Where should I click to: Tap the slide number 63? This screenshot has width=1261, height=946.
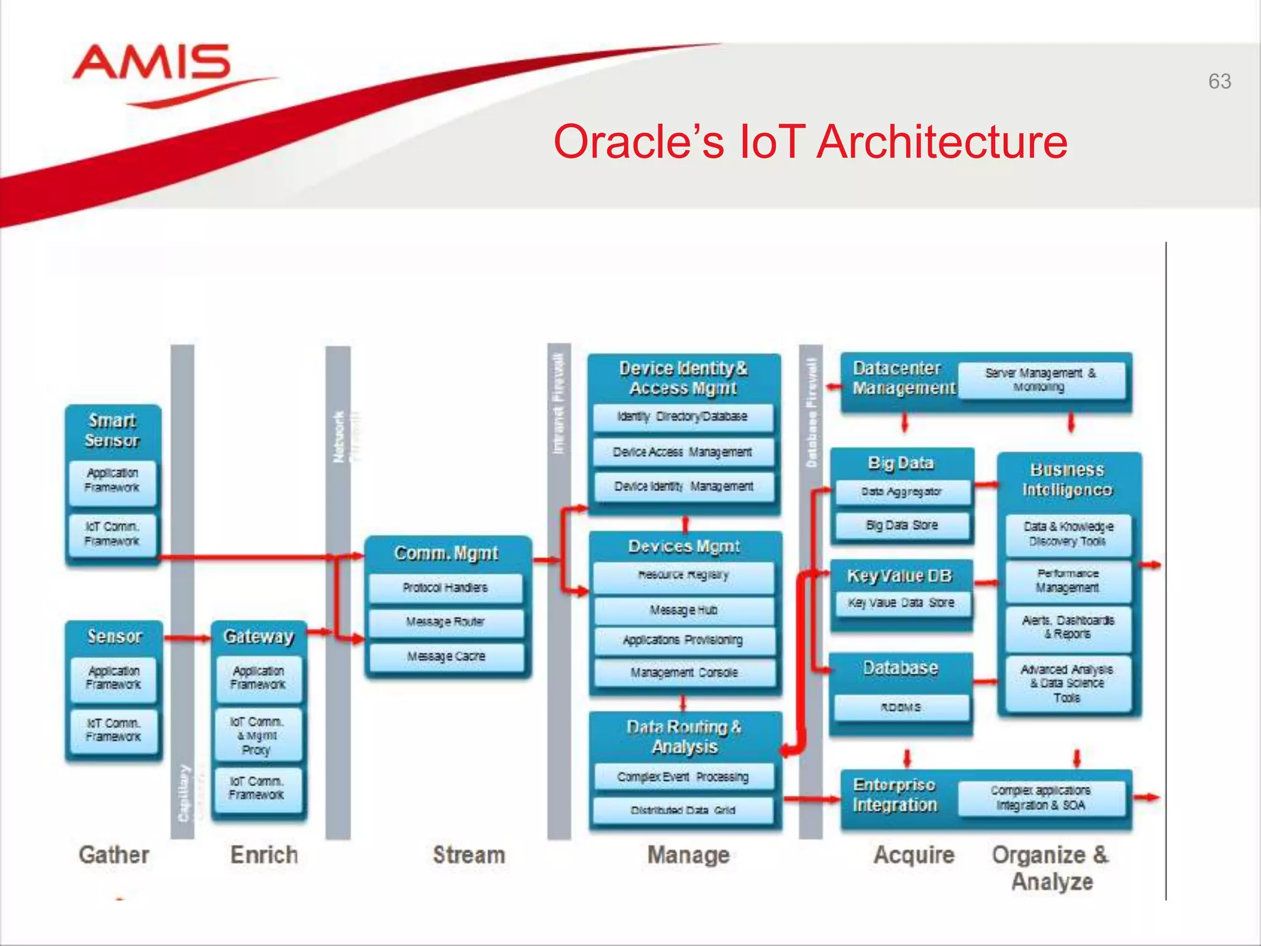(1219, 81)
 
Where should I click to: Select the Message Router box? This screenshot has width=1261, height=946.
(445, 622)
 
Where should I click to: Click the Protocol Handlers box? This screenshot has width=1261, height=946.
(445, 588)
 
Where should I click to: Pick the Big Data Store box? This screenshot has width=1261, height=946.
(901, 525)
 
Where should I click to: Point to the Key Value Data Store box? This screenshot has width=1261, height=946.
(901, 603)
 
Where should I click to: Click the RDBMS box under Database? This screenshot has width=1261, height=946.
(901, 708)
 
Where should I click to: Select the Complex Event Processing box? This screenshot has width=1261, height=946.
(683, 777)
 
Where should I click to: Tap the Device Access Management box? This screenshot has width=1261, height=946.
(682, 452)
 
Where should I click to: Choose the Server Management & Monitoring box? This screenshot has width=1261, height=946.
(1041, 380)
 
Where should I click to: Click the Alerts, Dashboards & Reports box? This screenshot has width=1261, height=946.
(1068, 628)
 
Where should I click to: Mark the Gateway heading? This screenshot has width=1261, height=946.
(258, 636)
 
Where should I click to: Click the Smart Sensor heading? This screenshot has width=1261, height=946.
(113, 431)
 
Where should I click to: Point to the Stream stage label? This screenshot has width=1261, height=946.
(469, 855)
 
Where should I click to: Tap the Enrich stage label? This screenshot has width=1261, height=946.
(264, 855)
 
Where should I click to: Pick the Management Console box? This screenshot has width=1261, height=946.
(683, 673)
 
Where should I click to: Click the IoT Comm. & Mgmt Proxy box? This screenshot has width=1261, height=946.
(257, 735)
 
